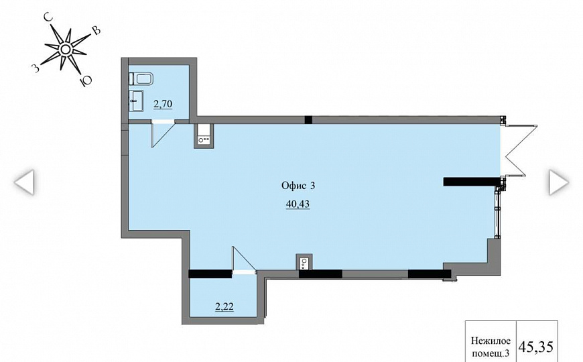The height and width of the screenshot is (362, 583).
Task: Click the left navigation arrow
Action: pos(25,182)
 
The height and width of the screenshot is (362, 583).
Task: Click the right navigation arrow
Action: pos(559,182)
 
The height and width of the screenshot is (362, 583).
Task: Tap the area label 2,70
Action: pos(163,104)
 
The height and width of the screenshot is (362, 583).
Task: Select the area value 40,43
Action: pos(298,204)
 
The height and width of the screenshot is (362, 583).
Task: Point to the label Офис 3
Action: pos(298,185)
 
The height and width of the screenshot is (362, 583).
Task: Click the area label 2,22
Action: pos(224,307)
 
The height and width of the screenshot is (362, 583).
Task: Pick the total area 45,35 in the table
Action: pos(536,347)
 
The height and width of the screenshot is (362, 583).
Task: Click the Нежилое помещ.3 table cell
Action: pos(491,347)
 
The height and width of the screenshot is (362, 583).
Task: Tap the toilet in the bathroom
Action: pos(141,79)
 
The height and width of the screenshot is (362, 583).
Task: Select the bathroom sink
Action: pos(136,101)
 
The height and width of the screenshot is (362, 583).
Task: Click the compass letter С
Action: pos(47,17)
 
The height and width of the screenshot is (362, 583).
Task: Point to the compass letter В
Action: pos(96,31)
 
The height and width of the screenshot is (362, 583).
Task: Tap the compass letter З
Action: pos(36,68)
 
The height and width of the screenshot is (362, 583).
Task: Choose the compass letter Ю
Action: pos(86,80)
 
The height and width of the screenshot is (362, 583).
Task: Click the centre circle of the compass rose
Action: pos(65,49)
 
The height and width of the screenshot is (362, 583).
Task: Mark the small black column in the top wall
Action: pos(308,119)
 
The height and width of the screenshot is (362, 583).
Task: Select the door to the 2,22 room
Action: pos(244,259)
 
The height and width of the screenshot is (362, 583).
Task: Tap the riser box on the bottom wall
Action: pos(304,262)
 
